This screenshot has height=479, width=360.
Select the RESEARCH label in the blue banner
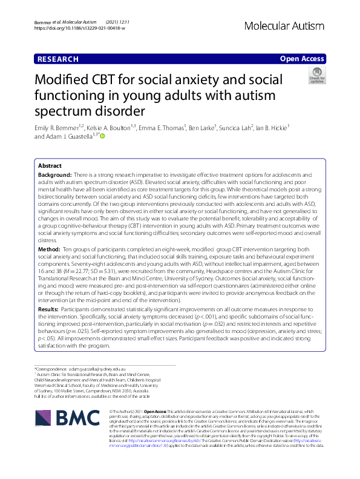tap(57, 59)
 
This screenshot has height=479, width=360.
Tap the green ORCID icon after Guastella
tap(102, 136)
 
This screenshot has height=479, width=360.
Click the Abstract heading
tap(50, 165)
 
